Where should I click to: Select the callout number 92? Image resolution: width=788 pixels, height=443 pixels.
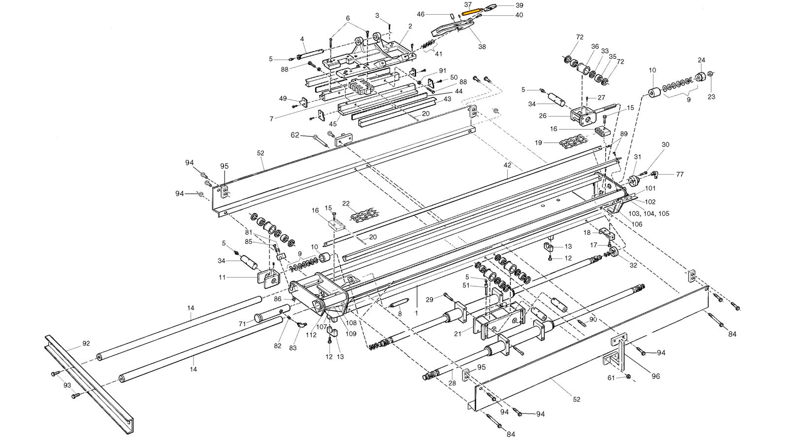pos(86,344)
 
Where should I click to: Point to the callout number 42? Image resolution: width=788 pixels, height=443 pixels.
pos(507,165)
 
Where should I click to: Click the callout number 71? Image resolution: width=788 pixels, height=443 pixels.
pos(242,323)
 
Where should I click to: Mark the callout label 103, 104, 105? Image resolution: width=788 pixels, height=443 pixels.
pos(649,214)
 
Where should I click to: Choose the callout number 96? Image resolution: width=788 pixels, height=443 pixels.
pos(656,377)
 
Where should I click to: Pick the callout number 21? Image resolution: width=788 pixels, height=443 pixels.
pos(458,334)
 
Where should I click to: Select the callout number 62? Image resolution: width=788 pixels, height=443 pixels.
pos(295,134)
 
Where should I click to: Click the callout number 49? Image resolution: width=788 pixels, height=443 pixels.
pos(283,98)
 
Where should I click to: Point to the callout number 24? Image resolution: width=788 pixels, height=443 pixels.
pos(701,60)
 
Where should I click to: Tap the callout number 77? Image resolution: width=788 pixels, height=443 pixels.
pos(680,174)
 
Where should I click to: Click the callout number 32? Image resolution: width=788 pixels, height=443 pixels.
pos(633,265)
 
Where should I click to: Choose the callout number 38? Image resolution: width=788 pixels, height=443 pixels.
pos(482,47)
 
